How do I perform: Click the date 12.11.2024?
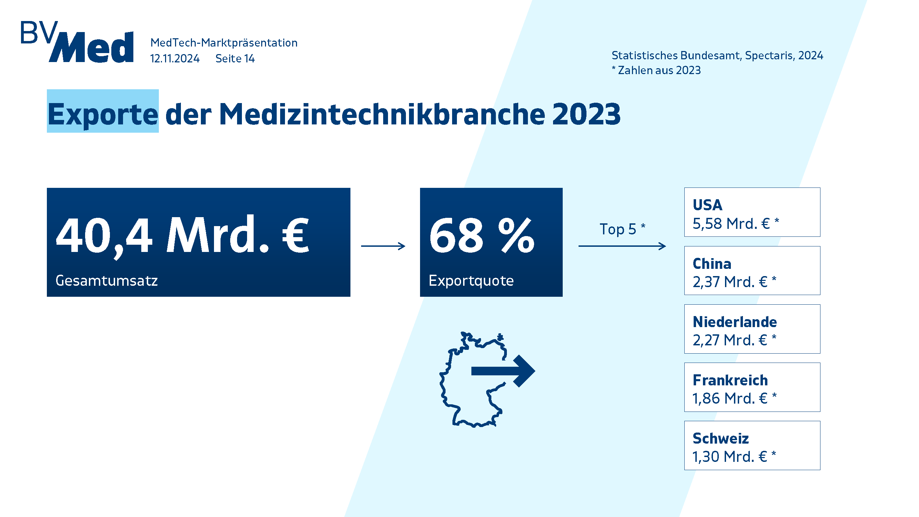click(x=174, y=59)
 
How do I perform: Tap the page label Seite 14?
click(x=235, y=59)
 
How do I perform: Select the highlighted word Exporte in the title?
click(x=103, y=114)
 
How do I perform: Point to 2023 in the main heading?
click(x=586, y=114)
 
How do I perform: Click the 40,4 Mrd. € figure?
click(x=183, y=235)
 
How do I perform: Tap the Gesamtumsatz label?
click(x=106, y=281)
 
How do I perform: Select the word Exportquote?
click(x=471, y=281)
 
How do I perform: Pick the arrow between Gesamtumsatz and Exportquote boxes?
click(x=383, y=246)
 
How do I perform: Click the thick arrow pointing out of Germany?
click(x=503, y=371)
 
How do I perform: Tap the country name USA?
click(x=707, y=205)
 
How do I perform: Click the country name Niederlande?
click(x=735, y=322)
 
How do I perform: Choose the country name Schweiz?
click(x=721, y=438)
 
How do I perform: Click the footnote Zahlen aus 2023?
click(x=659, y=70)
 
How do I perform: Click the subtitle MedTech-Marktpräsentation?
click(x=224, y=43)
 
